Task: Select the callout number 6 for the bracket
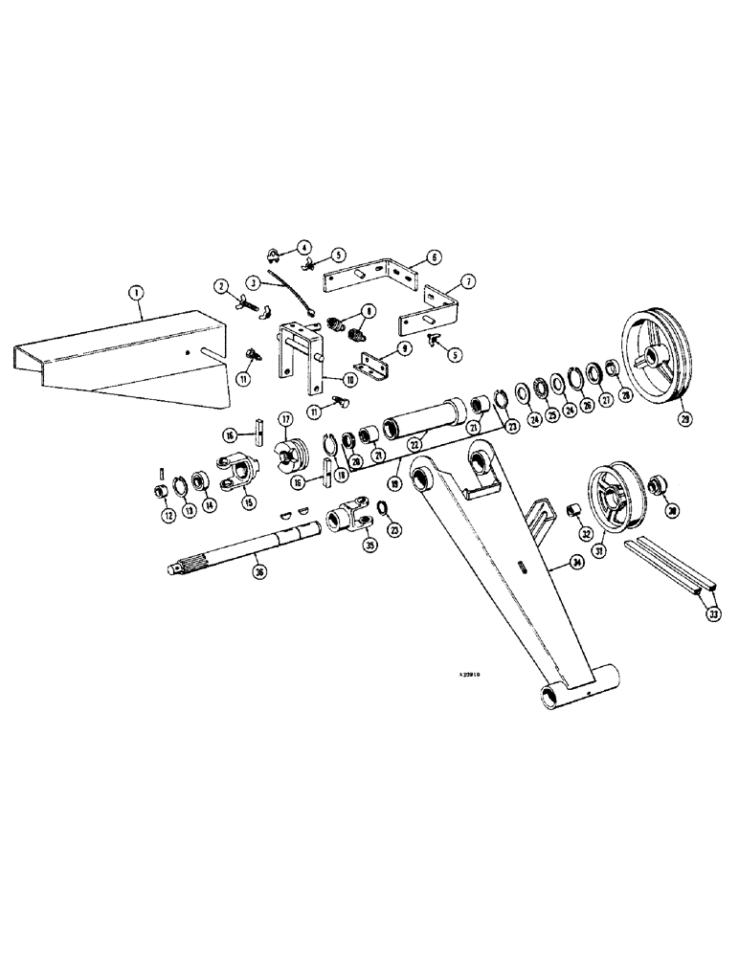click(434, 257)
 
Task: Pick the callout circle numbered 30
click(673, 511)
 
